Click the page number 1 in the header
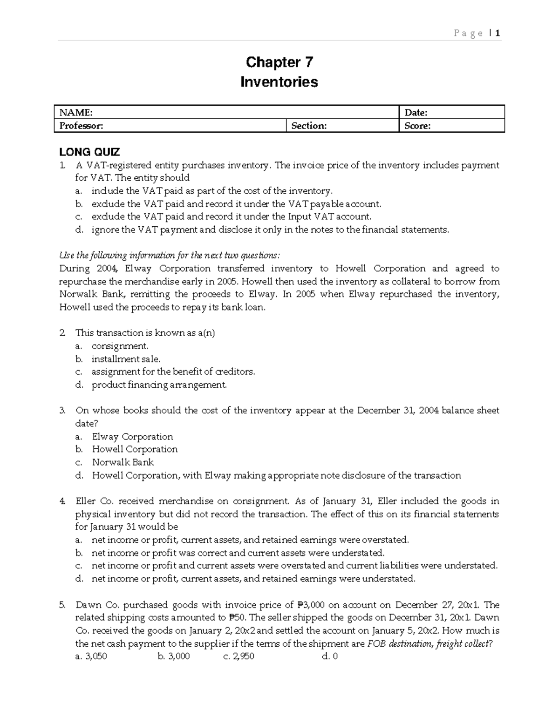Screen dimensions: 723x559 coord(498,33)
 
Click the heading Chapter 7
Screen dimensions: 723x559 coord(279,62)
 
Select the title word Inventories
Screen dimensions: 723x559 coord(279,82)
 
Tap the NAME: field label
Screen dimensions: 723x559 coord(75,112)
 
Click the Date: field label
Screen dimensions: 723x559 coord(416,112)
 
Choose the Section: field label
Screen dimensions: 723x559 coord(309,126)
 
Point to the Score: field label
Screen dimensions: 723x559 coord(417,126)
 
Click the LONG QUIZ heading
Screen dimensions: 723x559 coord(89,152)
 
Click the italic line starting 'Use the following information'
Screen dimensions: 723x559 coord(170,255)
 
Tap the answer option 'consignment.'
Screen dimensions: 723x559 coord(120,346)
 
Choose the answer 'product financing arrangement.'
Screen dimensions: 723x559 coord(159,385)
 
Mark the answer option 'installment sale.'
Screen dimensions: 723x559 coord(126,359)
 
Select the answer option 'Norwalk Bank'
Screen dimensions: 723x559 coord(123,462)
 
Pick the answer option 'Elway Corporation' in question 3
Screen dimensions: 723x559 coord(132,437)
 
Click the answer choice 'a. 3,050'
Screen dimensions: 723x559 coord(91,656)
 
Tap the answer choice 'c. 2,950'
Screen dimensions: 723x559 coord(239,656)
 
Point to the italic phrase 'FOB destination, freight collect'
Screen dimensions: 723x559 coord(428,644)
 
